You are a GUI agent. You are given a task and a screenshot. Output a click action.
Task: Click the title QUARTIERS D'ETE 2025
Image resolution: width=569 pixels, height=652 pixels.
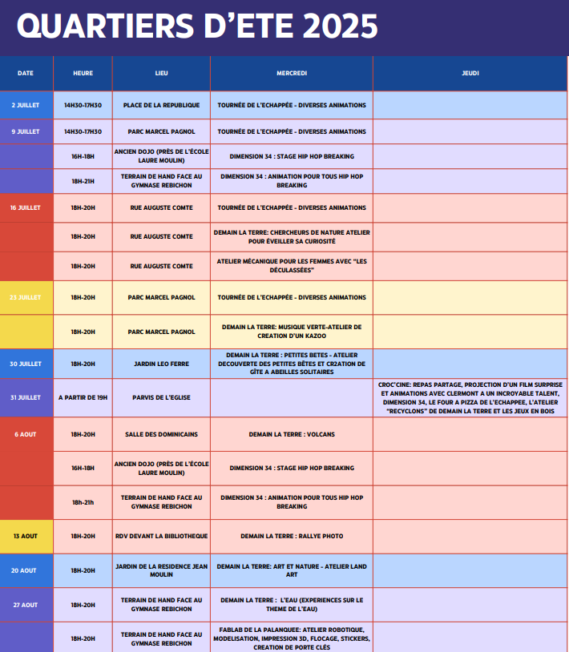197,26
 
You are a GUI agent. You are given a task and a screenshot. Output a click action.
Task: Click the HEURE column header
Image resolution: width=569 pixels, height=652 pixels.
83,73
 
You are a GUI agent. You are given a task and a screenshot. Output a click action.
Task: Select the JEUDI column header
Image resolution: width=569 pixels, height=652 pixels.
470,73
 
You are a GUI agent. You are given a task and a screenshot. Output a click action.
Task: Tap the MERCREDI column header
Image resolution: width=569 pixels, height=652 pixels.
292,73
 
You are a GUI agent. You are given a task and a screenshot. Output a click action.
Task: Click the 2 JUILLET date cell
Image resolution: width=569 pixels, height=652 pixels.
26,105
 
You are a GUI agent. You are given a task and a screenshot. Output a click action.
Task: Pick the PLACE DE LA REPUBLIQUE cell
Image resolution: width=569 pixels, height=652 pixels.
161,105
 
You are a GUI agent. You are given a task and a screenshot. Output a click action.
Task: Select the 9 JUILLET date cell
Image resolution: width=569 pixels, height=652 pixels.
26,131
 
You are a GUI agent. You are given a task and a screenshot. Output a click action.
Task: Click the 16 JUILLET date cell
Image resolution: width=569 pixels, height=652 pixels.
26,207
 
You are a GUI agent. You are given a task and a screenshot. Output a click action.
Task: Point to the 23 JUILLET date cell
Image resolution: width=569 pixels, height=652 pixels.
26,297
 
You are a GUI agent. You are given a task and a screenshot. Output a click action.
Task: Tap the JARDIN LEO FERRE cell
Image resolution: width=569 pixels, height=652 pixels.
161,364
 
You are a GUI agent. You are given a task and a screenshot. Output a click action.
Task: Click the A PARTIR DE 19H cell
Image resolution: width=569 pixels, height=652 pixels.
83,397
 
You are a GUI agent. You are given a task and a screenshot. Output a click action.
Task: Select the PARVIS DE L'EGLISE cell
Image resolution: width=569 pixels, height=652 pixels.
161,397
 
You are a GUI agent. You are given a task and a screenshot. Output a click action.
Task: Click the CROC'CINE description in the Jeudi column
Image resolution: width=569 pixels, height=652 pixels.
470,397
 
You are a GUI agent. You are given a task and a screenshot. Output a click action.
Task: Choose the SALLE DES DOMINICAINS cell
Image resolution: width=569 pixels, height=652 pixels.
161,434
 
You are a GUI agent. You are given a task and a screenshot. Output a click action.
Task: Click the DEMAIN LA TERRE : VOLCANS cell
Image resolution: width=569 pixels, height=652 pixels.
292,434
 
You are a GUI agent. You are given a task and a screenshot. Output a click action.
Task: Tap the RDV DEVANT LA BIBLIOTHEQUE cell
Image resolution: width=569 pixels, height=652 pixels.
161,536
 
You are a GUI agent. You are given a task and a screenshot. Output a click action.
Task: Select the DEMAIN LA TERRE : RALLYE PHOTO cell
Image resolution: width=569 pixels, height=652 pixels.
292,536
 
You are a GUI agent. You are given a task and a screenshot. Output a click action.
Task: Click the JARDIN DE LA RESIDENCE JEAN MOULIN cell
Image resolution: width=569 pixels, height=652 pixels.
161,570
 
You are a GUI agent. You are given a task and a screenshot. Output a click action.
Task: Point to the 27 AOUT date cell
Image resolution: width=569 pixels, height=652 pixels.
26,605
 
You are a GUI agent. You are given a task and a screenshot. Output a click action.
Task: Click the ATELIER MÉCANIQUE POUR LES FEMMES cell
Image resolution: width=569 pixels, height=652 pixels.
292,266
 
